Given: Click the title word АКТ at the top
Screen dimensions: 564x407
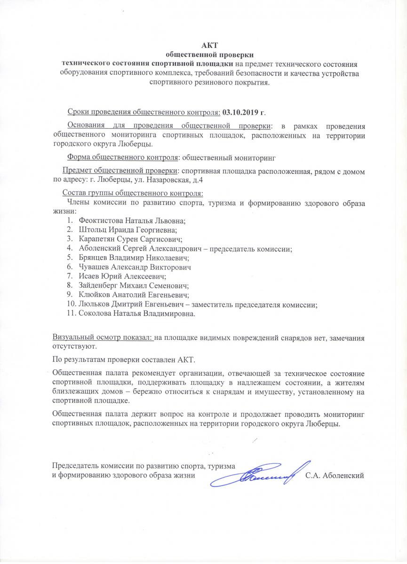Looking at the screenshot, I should pos(207,45).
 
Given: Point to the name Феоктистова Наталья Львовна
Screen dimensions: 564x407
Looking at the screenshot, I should pos(132,220).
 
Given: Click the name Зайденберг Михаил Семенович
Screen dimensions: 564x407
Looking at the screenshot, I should pos(134,285).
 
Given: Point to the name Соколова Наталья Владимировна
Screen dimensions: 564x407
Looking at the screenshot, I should pos(136,313).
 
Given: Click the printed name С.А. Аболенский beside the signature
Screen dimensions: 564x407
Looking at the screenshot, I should pos(335,475).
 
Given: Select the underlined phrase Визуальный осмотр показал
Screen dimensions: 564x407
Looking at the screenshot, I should pos(102,337).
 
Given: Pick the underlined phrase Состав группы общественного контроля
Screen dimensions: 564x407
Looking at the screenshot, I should pos(133,193).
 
